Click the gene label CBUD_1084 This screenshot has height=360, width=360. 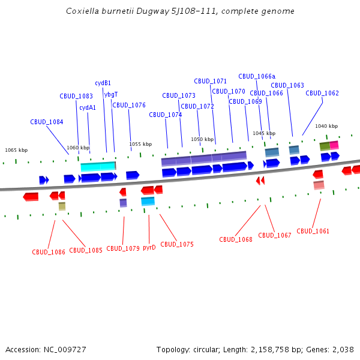click(x=47, y=122)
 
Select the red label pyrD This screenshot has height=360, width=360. click(x=149, y=247)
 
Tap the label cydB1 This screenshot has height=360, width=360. click(x=103, y=83)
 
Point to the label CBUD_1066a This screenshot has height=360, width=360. click(x=257, y=76)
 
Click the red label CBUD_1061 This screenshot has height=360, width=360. click(x=313, y=231)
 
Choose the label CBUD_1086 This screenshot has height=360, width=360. click(x=49, y=252)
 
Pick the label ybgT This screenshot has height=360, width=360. click(x=111, y=94)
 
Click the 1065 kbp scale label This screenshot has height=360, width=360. click(x=16, y=150)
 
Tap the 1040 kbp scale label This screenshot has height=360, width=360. click(x=326, y=126)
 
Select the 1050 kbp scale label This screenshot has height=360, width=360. click(x=202, y=139)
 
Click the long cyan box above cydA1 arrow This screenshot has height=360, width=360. click(x=98, y=166)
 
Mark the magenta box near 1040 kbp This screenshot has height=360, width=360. click(x=334, y=145)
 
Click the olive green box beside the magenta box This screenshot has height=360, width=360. click(x=325, y=146)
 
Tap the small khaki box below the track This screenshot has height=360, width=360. click(x=62, y=206)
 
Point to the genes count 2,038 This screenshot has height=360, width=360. click(x=343, y=349)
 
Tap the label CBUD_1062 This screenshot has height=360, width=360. click(x=322, y=93)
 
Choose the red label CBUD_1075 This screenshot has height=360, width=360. click(x=177, y=244)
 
